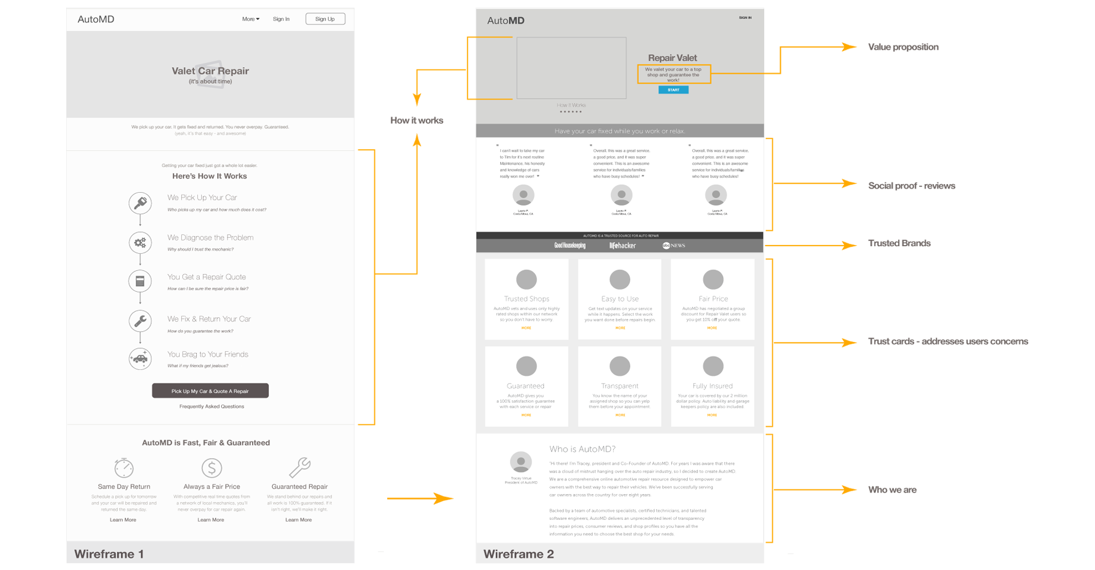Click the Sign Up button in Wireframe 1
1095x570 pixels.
click(325, 19)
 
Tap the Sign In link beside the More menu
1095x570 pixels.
click(281, 19)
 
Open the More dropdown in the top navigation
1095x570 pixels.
click(250, 19)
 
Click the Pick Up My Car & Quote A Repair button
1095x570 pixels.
click(210, 391)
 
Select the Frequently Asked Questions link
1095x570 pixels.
click(212, 406)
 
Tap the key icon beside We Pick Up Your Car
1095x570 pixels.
click(140, 203)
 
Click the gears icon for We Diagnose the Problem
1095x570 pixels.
click(140, 243)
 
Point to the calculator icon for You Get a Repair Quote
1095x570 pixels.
click(140, 281)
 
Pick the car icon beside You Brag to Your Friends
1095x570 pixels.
click(140, 359)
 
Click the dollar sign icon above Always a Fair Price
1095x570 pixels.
click(212, 468)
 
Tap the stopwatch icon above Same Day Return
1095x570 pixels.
click(124, 468)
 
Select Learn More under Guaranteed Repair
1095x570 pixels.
click(298, 520)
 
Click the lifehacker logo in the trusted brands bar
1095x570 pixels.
click(622, 246)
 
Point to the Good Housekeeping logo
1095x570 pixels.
click(570, 246)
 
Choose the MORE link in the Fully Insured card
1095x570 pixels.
click(712, 415)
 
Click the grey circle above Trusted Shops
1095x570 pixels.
click(526, 279)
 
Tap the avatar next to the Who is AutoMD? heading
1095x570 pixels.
click(521, 462)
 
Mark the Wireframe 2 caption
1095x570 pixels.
click(518, 554)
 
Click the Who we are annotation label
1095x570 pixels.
click(893, 490)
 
